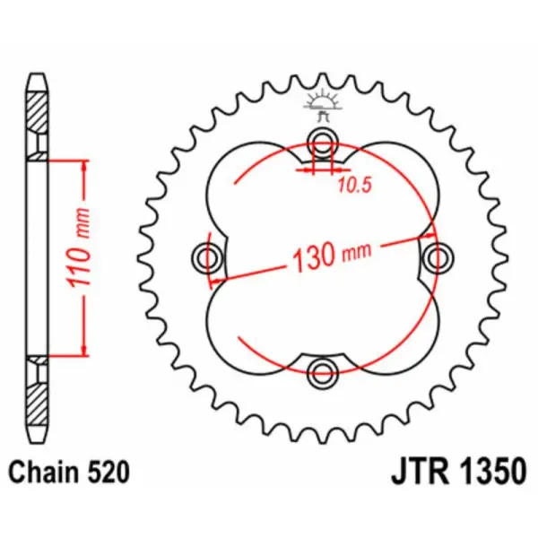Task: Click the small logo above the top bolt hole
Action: [322, 102]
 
